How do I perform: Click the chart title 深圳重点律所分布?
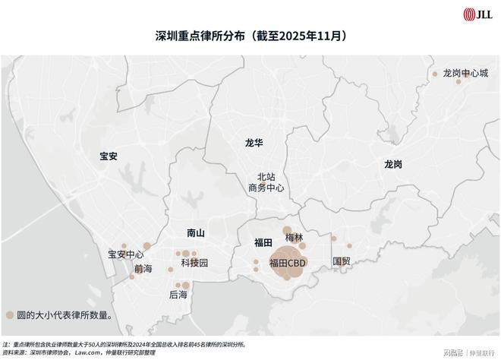(250, 36)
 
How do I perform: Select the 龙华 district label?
(254, 142)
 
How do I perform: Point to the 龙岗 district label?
(392, 164)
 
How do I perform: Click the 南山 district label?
(196, 233)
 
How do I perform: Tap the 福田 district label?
(263, 242)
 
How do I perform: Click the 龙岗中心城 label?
(465, 74)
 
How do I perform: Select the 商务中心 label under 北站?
(266, 188)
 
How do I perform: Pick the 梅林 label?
(294, 238)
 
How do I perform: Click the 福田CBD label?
(288, 263)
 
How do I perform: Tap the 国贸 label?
(342, 261)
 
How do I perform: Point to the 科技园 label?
(194, 264)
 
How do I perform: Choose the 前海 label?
(143, 269)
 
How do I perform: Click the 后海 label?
(178, 294)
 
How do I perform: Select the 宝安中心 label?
(126, 254)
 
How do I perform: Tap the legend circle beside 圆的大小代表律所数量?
(9, 314)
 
